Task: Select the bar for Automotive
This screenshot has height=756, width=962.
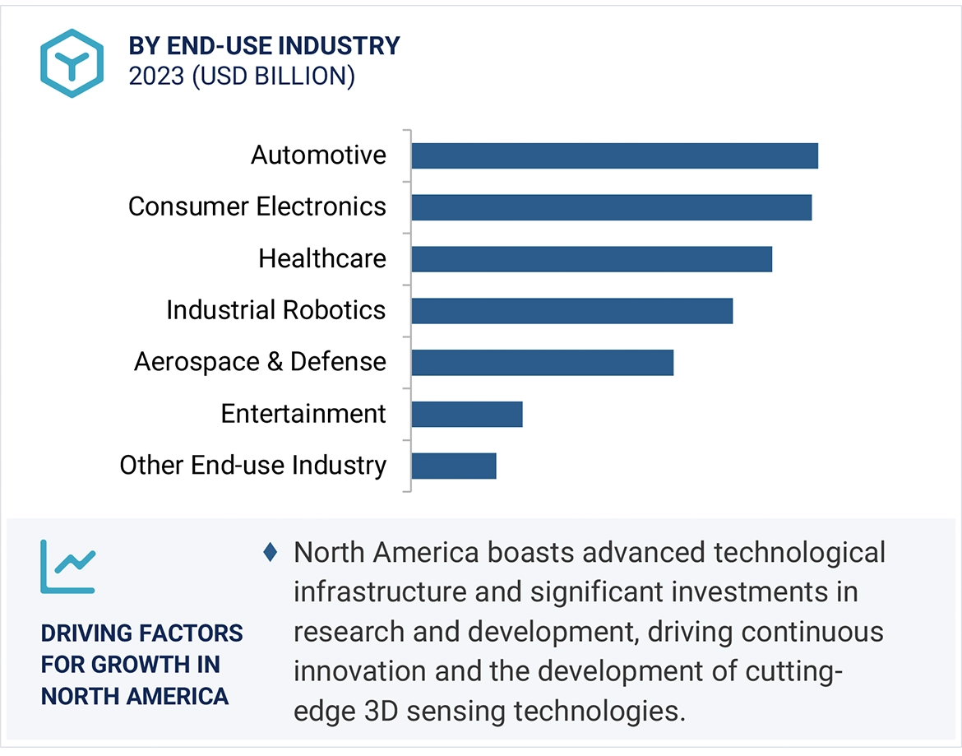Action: tap(614, 155)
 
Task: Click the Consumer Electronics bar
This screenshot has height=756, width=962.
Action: tap(611, 207)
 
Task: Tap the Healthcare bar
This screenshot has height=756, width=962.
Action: tap(591, 259)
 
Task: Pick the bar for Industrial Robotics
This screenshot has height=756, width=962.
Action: tap(571, 311)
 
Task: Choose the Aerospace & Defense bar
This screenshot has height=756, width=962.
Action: tap(542, 363)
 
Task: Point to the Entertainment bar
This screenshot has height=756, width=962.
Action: tap(466, 415)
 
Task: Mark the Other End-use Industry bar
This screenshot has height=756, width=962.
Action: tap(453, 466)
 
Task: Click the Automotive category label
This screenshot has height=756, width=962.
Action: tap(318, 155)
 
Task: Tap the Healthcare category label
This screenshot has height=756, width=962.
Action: tap(321, 258)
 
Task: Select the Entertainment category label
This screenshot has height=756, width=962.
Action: tap(303, 413)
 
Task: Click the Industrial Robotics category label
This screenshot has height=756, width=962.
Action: tap(275, 310)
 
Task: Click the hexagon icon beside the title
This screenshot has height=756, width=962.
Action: tap(72, 63)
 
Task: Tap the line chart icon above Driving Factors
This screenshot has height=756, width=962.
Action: tap(68, 566)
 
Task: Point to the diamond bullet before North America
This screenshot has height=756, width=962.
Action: tap(270, 553)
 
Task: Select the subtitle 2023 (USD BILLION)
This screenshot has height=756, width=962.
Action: tap(242, 77)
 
